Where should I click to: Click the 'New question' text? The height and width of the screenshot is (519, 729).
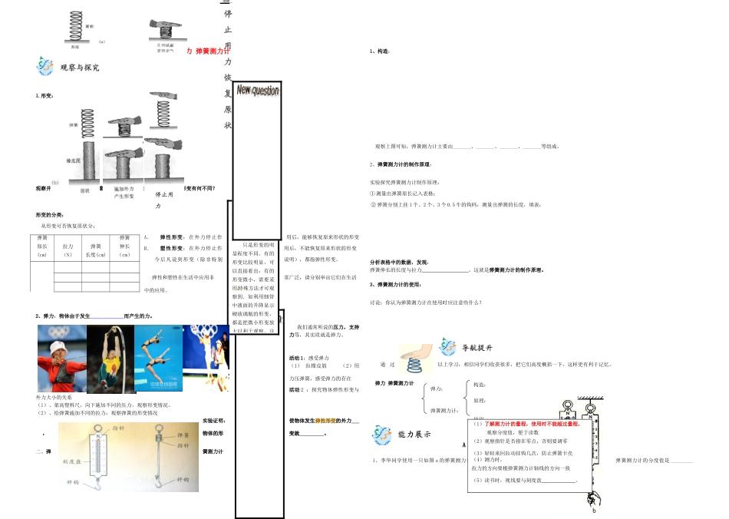pos(257,91)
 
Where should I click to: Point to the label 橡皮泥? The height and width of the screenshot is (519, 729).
pos(74,160)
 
